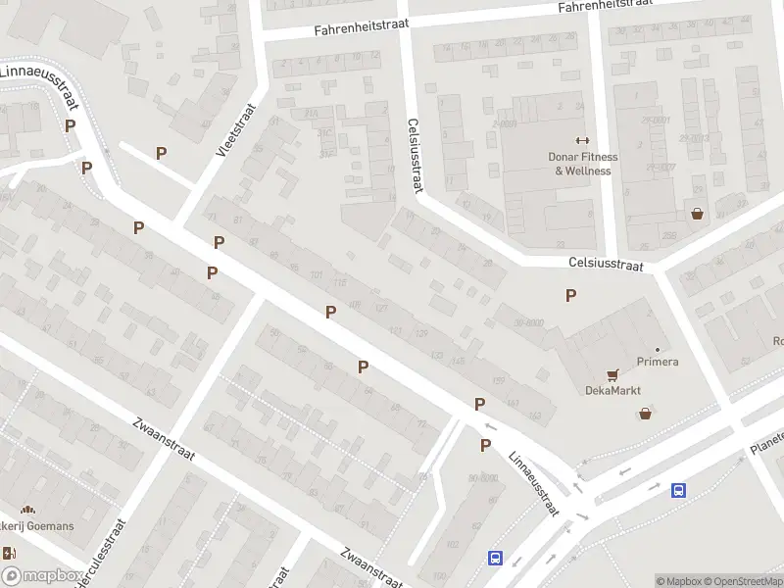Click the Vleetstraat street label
tap(235, 132)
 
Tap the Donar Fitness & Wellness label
tap(582, 164)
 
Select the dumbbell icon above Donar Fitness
tap(582, 140)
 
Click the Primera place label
tap(658, 362)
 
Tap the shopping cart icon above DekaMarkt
tap(613, 374)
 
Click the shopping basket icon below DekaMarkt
tap(645, 414)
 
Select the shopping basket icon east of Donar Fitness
tap(697, 213)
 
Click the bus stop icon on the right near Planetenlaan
tap(677, 490)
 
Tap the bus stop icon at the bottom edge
tap(496, 558)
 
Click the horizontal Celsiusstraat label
tap(606, 265)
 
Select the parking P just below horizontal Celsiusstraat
tap(570, 295)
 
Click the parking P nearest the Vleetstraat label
tap(161, 153)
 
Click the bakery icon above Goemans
tap(27, 510)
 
